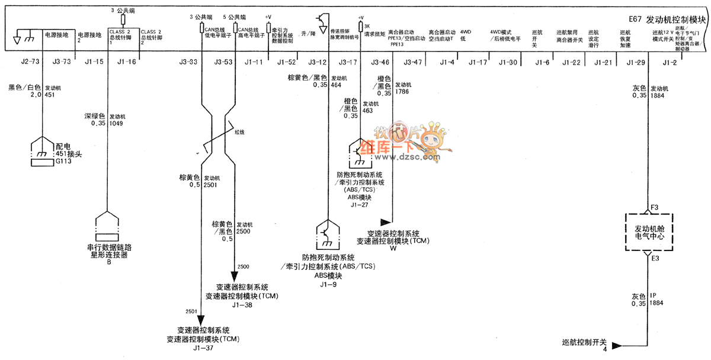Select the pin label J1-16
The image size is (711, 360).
pyautogui.click(x=127, y=62)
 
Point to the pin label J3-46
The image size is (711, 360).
pyautogui.click(x=380, y=62)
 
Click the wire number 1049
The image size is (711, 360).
pyautogui.click(x=117, y=123)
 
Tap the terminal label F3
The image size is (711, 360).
pyautogui.click(x=655, y=207)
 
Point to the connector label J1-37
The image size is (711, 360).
pyautogui.click(x=203, y=348)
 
